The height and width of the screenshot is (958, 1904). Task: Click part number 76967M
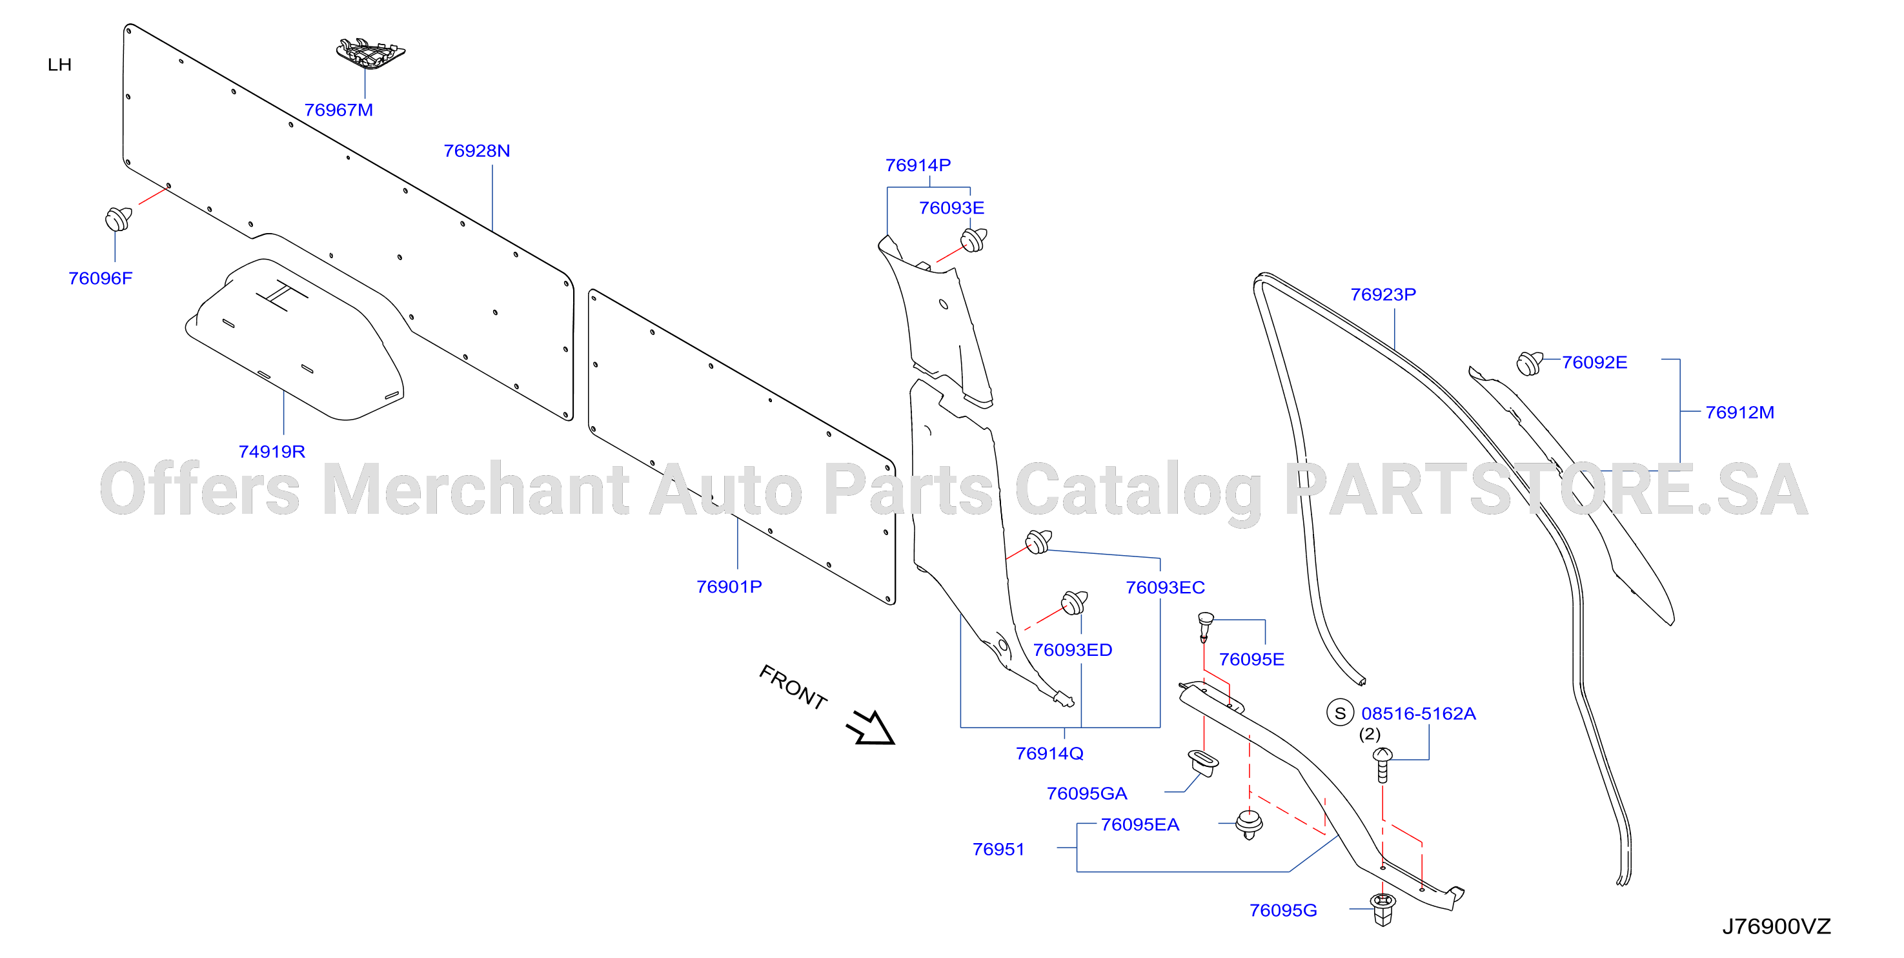(338, 110)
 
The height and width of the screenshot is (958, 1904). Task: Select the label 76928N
(477, 151)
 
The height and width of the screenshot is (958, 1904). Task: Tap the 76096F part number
(101, 279)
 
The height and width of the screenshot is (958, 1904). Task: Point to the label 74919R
(272, 452)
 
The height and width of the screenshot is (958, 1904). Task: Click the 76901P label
(729, 587)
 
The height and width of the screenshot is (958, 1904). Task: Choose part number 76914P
(918, 165)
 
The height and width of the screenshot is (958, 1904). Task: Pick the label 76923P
(1384, 295)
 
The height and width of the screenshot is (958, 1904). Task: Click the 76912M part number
(1740, 413)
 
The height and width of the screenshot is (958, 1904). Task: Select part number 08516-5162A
(1419, 714)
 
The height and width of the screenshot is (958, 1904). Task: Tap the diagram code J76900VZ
(1777, 927)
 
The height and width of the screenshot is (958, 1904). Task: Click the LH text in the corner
(60, 65)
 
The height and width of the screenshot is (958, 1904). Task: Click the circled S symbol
(1340, 713)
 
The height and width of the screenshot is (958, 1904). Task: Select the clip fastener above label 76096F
(118, 219)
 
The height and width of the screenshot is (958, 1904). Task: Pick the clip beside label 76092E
(1529, 363)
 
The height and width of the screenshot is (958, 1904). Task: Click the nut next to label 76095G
(1383, 909)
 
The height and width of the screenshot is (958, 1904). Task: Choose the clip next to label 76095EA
(1249, 824)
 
